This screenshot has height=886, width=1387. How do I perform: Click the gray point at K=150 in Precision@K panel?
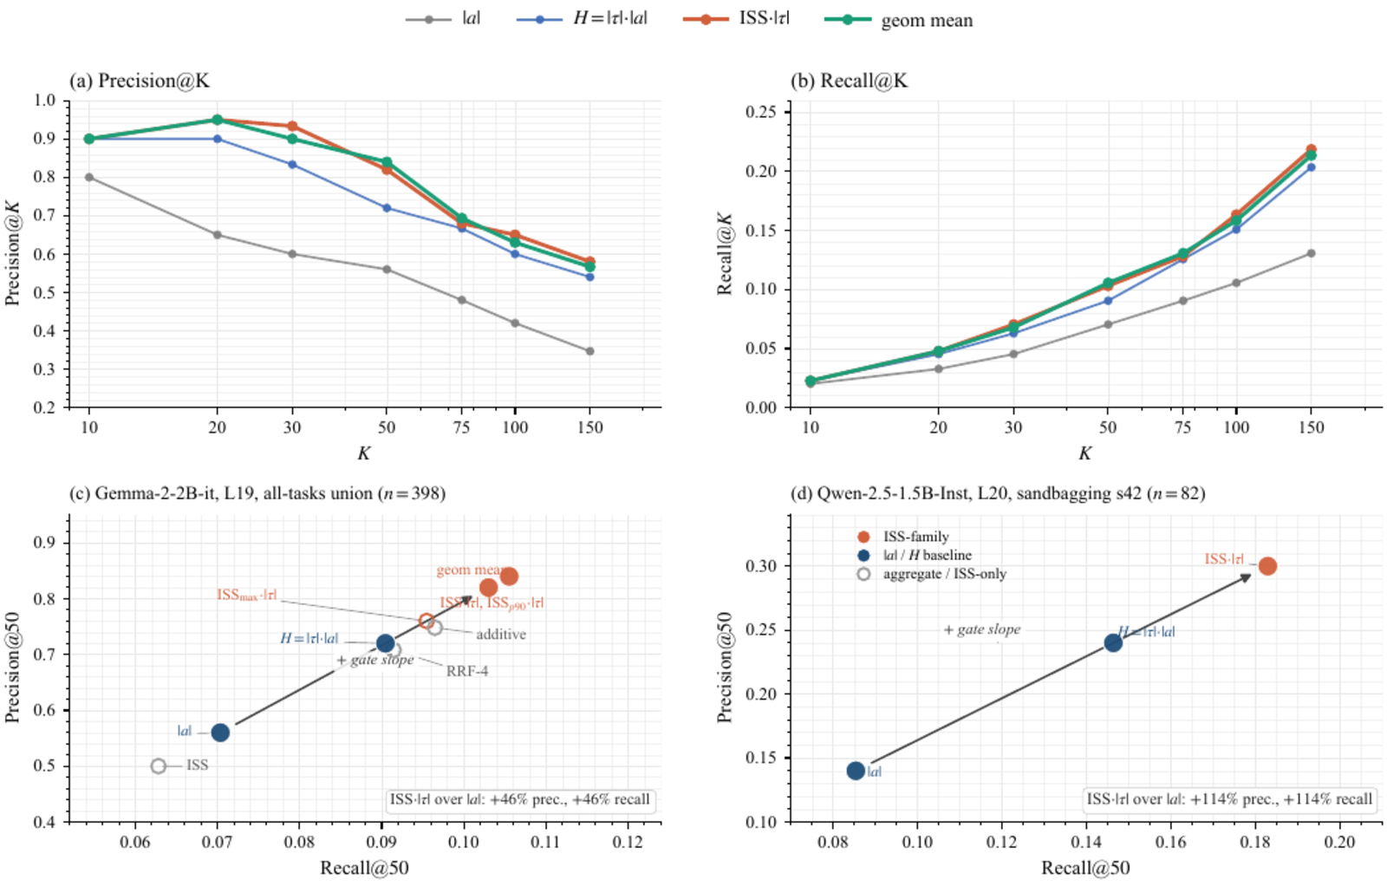coord(589,351)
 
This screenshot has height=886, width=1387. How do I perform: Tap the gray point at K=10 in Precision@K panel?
coord(89,177)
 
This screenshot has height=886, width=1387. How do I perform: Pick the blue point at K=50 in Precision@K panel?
coord(387,208)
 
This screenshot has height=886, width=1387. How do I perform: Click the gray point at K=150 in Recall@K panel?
coord(1311,253)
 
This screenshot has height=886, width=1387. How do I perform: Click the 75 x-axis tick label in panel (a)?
coord(461,427)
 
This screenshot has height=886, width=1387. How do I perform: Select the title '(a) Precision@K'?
coord(140,81)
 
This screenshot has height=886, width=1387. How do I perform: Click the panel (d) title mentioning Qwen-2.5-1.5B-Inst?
coord(997,493)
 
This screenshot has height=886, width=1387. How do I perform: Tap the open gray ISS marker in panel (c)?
coord(158,765)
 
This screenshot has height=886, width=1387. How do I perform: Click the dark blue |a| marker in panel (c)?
coord(220,733)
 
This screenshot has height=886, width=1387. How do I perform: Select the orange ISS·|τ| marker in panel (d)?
coord(1267,566)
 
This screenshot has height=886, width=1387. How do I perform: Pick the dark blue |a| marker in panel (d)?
coord(856,771)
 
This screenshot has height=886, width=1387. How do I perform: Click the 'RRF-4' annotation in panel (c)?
coord(466,671)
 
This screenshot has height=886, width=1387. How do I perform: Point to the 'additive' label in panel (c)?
coord(500,635)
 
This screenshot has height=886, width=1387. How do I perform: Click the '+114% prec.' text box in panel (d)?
coord(1230,799)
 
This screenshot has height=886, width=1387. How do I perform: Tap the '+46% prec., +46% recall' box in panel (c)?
coord(519,799)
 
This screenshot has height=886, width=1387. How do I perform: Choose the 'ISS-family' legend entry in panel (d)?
coord(915,537)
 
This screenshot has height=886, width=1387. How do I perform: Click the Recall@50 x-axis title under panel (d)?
coord(1085,868)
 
